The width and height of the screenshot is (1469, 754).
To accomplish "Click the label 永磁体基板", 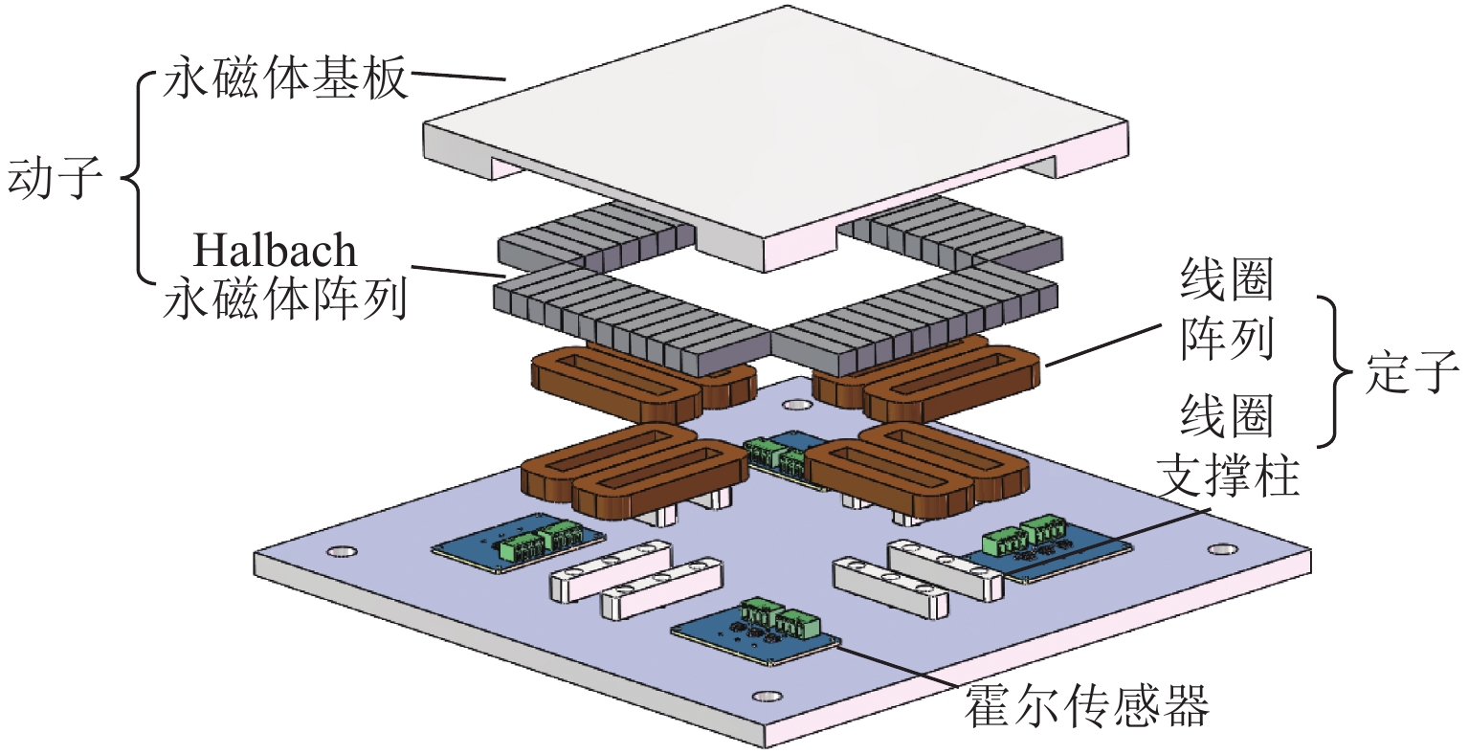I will (x=286, y=78).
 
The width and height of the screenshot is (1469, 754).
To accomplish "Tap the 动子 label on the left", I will (x=56, y=179).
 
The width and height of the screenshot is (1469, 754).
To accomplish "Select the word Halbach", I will (x=275, y=251).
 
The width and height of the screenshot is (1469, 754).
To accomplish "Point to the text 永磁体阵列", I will (x=286, y=299).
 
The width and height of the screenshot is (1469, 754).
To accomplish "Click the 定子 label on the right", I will (x=1412, y=371).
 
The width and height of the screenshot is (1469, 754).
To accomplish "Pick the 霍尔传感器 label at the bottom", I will (x=1086, y=705).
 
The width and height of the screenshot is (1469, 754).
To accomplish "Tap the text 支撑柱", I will (x=1229, y=475).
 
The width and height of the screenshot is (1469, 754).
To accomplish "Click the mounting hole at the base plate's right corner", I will (x=1221, y=549).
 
